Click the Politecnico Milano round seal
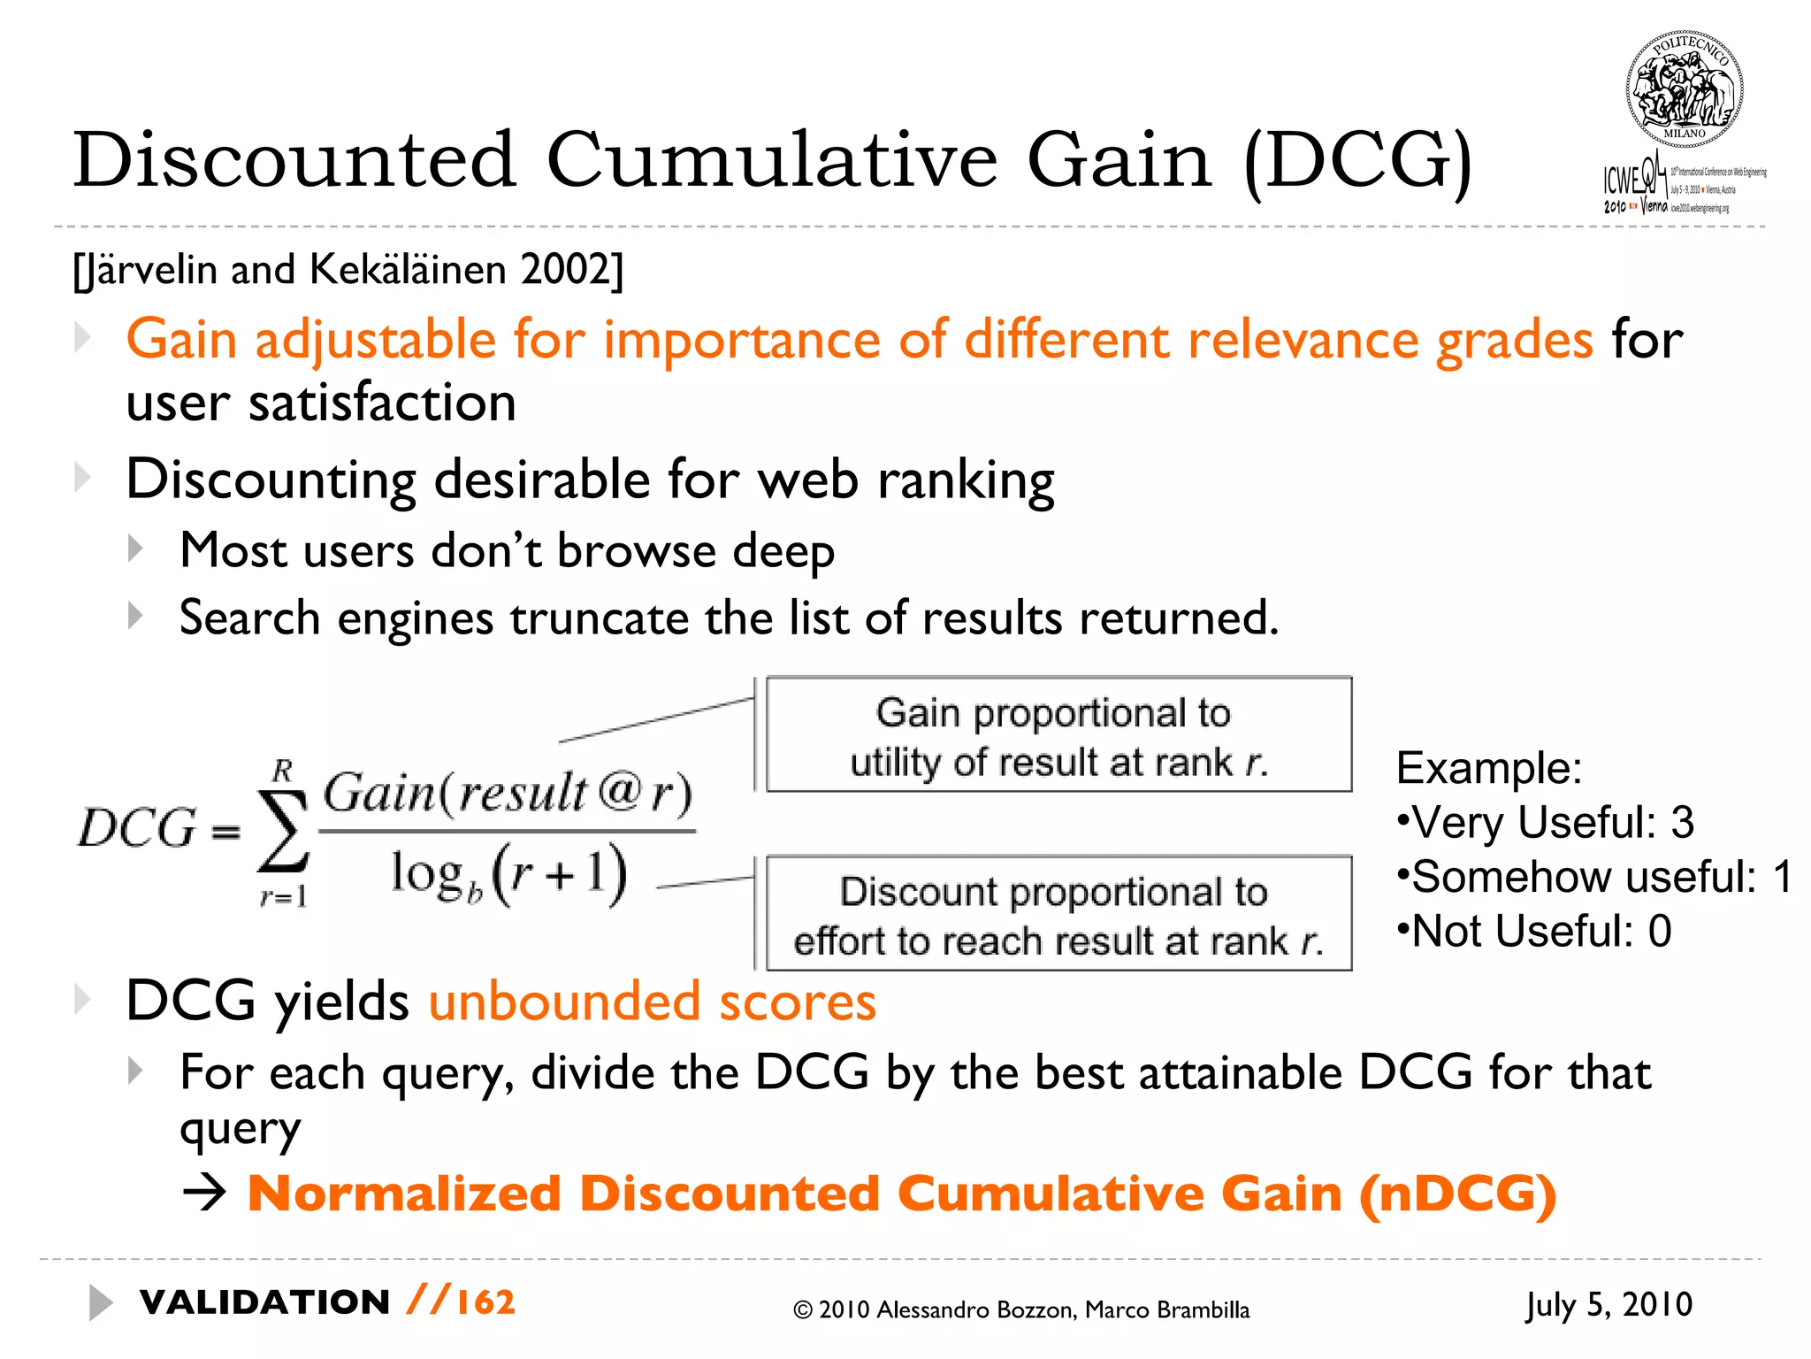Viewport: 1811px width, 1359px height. click(1684, 88)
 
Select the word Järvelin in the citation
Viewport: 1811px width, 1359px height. click(150, 269)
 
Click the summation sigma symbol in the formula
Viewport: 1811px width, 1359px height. click(283, 832)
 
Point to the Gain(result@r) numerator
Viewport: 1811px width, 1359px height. click(507, 793)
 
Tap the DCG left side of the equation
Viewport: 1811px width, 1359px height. click(136, 828)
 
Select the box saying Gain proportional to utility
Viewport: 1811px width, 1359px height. click(1058, 735)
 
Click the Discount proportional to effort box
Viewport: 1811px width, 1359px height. click(1058, 914)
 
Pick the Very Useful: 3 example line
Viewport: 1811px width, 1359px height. click(1546, 823)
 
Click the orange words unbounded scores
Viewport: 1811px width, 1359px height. click(653, 1002)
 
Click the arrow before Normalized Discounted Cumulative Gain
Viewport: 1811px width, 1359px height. click(205, 1194)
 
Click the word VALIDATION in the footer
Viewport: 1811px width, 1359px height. click(264, 1302)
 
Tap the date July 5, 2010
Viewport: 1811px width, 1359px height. click(1609, 1305)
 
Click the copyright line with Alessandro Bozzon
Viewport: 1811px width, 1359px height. click(1021, 1310)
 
